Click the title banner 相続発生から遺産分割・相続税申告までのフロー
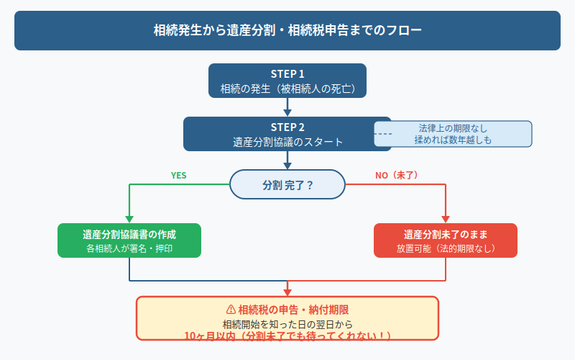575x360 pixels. pos(287,30)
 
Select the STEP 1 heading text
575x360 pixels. pos(287,74)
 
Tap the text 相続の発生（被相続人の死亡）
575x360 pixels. pos(287,89)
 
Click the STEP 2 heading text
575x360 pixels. pos(287,127)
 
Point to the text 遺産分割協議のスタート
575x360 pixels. pos(287,142)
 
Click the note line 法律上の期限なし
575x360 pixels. pos(454,128)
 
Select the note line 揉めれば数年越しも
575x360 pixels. pos(454,140)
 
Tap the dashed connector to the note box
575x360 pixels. pos(383,134)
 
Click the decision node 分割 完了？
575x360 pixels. pos(287,184)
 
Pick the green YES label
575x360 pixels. pos(178,175)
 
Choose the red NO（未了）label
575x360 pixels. pos(397,175)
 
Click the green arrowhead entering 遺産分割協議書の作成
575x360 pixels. pos(129,218)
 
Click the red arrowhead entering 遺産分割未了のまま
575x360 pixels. pos(446,218)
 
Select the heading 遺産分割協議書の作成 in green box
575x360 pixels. pos(129,235)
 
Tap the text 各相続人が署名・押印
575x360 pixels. pos(129,248)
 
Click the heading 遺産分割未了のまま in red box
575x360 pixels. pos(446,235)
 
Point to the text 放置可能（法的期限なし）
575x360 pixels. pos(446,248)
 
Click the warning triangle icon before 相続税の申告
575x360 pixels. pos(231,309)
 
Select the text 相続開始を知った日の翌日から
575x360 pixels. pos(287,323)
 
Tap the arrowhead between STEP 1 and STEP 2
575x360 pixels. pos(287,112)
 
